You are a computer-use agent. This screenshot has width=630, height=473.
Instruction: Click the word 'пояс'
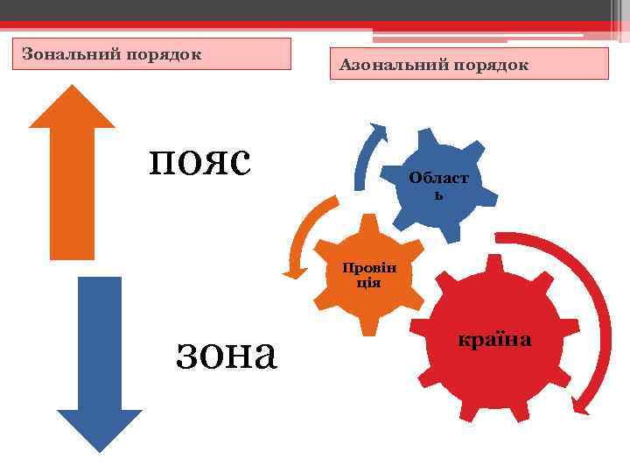coord(200,159)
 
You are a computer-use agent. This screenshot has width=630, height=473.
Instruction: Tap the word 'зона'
coord(227,352)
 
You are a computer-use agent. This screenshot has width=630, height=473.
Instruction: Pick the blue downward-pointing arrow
coord(99,359)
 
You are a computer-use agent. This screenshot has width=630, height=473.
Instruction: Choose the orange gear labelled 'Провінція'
coord(368,279)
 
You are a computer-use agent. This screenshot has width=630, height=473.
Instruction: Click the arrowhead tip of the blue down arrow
coord(99,449)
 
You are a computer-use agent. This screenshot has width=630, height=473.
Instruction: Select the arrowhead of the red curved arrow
coord(580,405)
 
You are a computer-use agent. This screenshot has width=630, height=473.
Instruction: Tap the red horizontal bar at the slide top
coord(315,25)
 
